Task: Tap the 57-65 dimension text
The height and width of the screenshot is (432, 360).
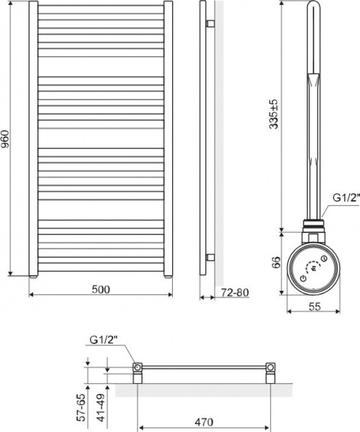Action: pyautogui.click(x=84, y=408)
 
